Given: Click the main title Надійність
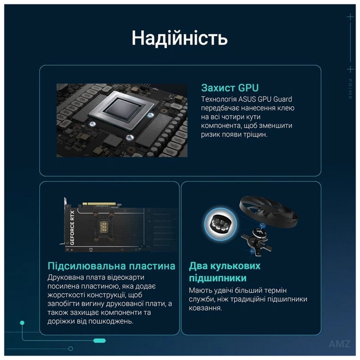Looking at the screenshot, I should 179,38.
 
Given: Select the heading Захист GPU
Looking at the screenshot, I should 230,88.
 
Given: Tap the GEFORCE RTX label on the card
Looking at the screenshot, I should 72,229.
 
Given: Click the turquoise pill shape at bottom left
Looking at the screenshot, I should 99,341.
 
